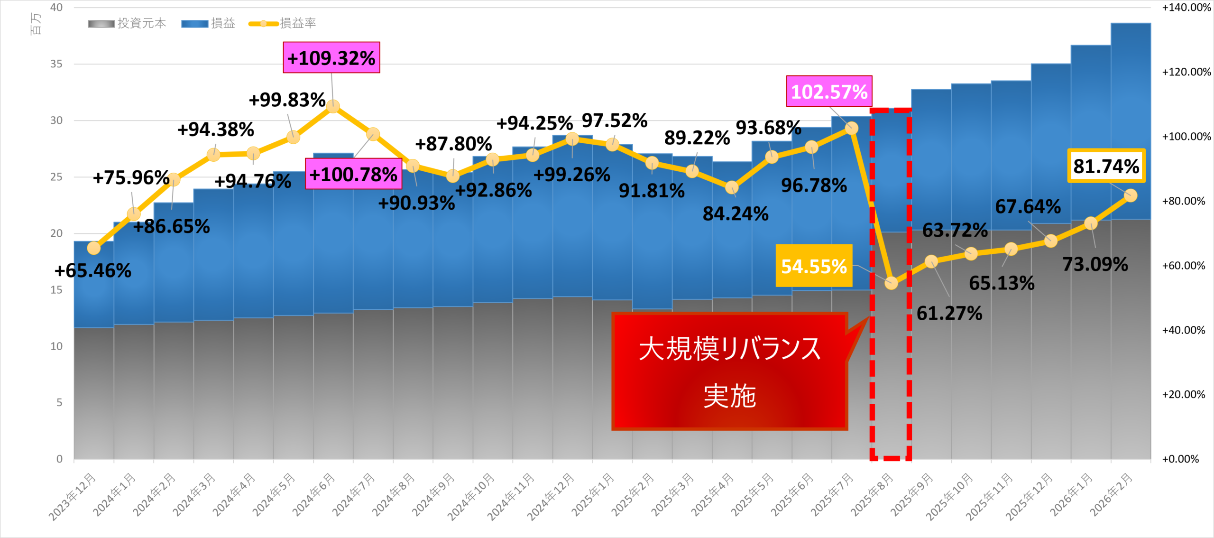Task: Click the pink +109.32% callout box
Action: (331, 58)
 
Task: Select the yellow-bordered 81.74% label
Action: (1106, 166)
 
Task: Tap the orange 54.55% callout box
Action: (814, 266)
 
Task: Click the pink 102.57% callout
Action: (829, 92)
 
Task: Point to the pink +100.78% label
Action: (353, 174)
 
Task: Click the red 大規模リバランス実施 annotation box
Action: (729, 371)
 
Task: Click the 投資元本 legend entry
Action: (127, 23)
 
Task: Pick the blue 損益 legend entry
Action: (208, 23)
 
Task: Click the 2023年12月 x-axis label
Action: (73, 496)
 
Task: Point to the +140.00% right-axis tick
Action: (1186, 8)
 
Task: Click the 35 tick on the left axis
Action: (56, 64)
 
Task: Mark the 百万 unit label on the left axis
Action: (36, 24)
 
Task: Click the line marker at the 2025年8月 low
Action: (891, 283)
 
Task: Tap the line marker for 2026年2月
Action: (1131, 195)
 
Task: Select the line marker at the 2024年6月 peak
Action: (333, 106)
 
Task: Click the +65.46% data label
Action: (93, 271)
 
